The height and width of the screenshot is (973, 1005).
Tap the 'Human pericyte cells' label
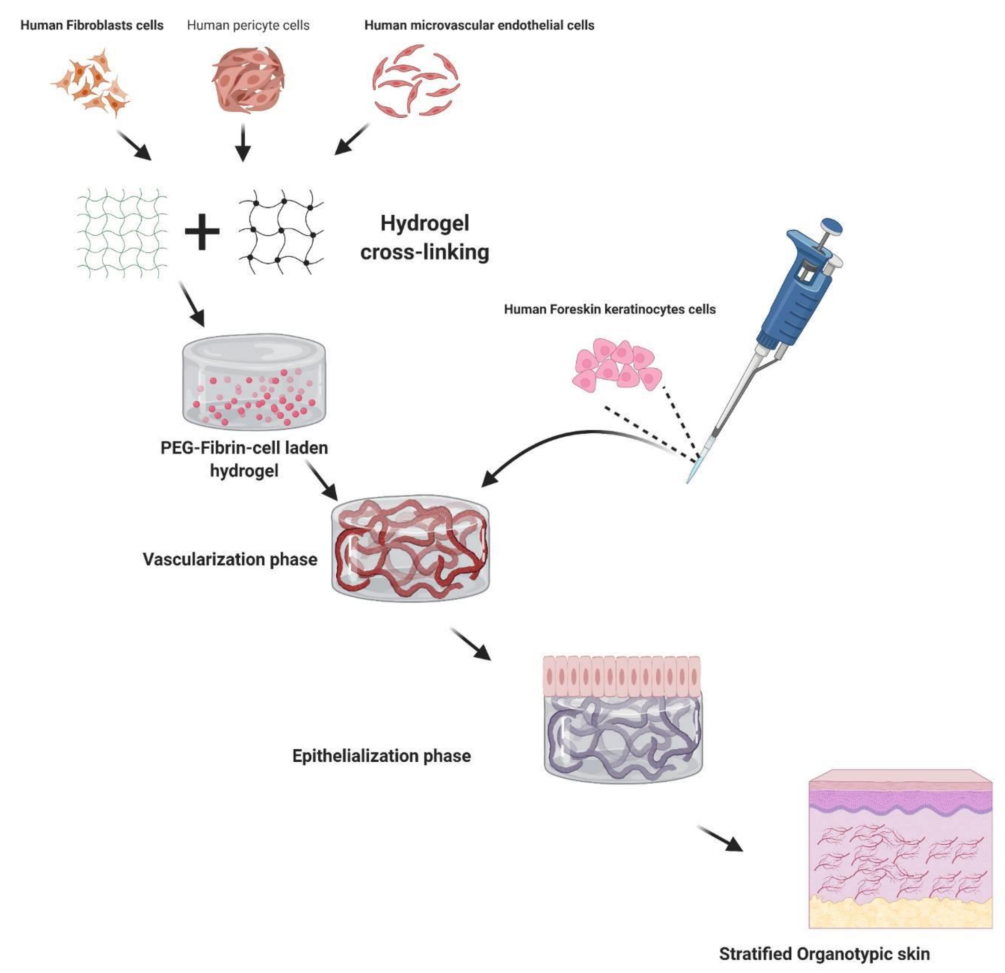click(248, 25)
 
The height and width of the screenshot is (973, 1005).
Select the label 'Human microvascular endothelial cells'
click(479, 25)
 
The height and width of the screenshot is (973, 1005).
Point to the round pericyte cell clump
click(248, 79)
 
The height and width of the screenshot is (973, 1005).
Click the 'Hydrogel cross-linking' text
click(424, 237)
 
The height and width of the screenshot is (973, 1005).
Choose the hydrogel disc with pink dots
click(254, 382)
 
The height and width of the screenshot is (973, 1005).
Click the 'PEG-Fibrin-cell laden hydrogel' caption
click(244, 459)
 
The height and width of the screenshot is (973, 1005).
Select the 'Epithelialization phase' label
click(381, 756)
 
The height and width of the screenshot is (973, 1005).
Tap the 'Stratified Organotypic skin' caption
click(824, 954)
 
